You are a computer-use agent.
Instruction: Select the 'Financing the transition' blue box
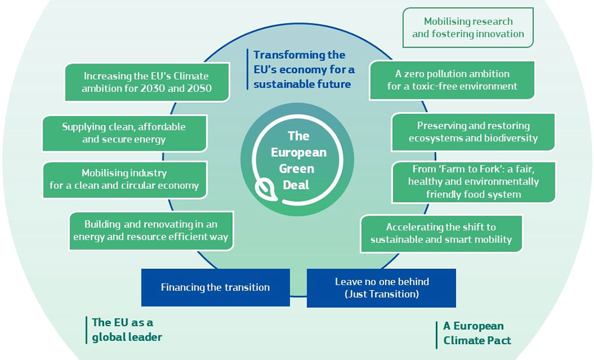[x=215, y=288]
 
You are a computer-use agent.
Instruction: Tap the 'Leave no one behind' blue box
[x=381, y=288]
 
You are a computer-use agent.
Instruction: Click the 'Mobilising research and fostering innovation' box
[x=468, y=27]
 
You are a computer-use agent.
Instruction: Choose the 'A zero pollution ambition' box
[x=452, y=80]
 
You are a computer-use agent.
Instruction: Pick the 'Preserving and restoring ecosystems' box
[x=473, y=132]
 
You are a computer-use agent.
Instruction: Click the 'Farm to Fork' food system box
[x=473, y=181]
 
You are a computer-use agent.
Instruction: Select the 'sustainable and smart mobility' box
[x=441, y=233]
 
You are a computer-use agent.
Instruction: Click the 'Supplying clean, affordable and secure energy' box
[x=124, y=133]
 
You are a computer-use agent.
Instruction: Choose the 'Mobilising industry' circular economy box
[x=124, y=179]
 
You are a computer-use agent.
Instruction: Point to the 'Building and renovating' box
[x=150, y=230]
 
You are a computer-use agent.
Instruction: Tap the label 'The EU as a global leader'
[x=127, y=330]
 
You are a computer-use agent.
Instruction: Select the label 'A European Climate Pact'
[x=477, y=333]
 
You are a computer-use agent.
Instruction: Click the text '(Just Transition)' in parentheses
[x=381, y=294]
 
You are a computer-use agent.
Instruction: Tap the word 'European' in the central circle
[x=299, y=152]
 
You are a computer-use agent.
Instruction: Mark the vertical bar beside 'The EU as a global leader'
[x=86, y=330]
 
